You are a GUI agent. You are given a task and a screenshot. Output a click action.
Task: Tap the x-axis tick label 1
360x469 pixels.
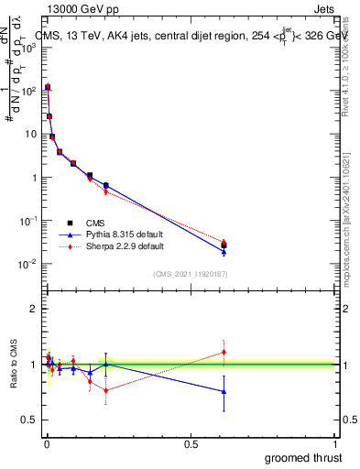(x=335, y=443)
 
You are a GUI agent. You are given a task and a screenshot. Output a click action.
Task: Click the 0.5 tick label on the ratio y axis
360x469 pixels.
(x=29, y=420)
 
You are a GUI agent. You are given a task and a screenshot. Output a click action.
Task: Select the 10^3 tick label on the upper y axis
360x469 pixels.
(x=27, y=47)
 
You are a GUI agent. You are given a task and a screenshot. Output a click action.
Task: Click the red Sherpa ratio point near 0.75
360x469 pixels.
(x=106, y=390)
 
